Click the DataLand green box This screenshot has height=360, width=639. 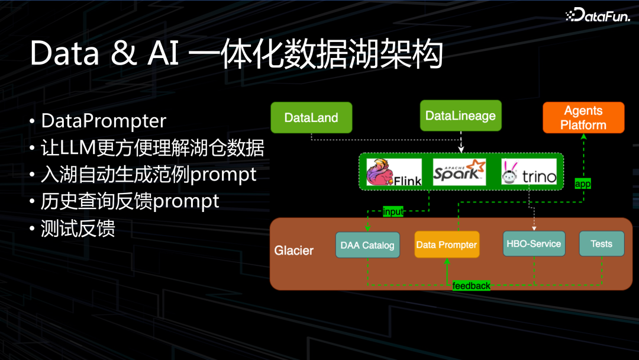(x=311, y=117)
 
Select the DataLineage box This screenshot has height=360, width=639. (x=460, y=116)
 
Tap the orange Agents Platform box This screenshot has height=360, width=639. (x=583, y=117)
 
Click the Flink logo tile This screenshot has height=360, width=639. (x=393, y=172)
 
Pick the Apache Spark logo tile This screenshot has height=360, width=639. (x=459, y=172)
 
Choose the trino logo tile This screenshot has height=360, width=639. (x=529, y=172)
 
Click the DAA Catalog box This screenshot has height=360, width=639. (x=367, y=245)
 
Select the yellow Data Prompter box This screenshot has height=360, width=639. (x=447, y=245)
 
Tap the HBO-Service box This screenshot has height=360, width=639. (x=534, y=244)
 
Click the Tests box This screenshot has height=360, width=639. (x=602, y=244)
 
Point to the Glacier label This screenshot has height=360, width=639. (x=294, y=250)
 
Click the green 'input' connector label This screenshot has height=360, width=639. (x=393, y=211)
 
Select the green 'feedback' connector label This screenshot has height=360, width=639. (x=471, y=286)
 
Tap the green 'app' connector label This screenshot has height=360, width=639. (x=583, y=184)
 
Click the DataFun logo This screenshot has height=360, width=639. (x=598, y=15)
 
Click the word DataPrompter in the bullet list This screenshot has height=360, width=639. (x=104, y=121)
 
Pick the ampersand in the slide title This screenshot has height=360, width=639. (x=124, y=53)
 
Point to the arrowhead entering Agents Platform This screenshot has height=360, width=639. (x=583, y=137)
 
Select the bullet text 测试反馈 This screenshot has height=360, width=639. (x=78, y=229)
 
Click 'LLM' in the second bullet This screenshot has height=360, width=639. (x=78, y=147)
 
